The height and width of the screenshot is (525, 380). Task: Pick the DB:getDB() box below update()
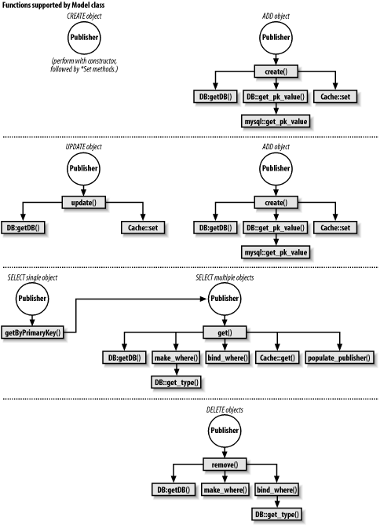click(22, 228)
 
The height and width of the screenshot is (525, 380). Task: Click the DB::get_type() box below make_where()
click(176, 383)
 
